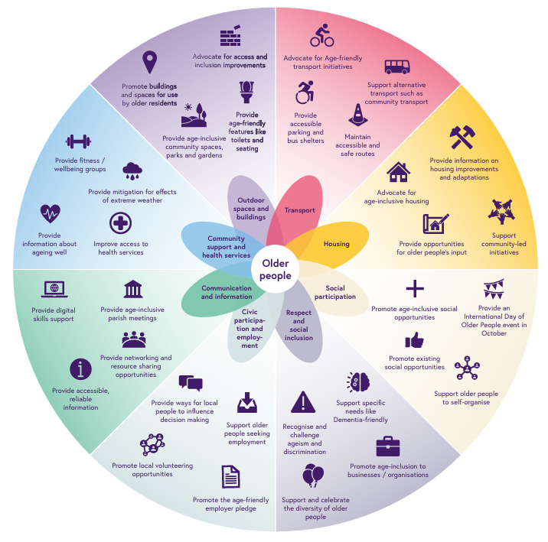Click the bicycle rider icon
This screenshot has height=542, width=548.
pyautogui.click(x=321, y=35)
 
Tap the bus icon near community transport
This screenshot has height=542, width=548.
pyautogui.click(x=396, y=67)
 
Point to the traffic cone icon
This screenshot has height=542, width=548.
pyautogui.click(x=357, y=116)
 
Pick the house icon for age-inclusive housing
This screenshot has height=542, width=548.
pyautogui.click(x=398, y=173)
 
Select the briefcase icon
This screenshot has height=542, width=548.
pyautogui.click(x=388, y=446)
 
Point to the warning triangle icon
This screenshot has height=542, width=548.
pyautogui.click(x=304, y=402)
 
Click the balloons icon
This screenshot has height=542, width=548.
pyautogui.click(x=313, y=476)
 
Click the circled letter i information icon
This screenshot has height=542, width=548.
pyautogui.click(x=80, y=369)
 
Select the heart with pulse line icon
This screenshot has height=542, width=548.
pyautogui.click(x=51, y=213)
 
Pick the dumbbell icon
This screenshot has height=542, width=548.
pyautogui.click(x=79, y=141)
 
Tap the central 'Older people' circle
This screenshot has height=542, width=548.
pyautogui.click(x=275, y=268)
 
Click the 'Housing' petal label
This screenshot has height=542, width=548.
pyautogui.click(x=336, y=244)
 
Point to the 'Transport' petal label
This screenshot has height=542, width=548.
pyautogui.click(x=299, y=210)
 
